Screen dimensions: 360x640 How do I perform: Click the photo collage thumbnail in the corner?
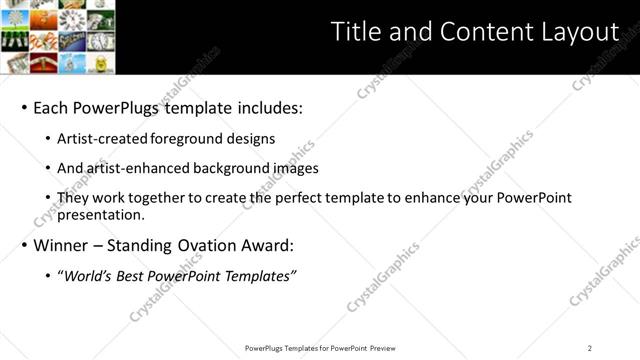click(57, 37)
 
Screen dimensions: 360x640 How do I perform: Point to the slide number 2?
click(590, 348)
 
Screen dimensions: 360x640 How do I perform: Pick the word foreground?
click(193, 139)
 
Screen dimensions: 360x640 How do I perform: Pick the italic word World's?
click(85, 275)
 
